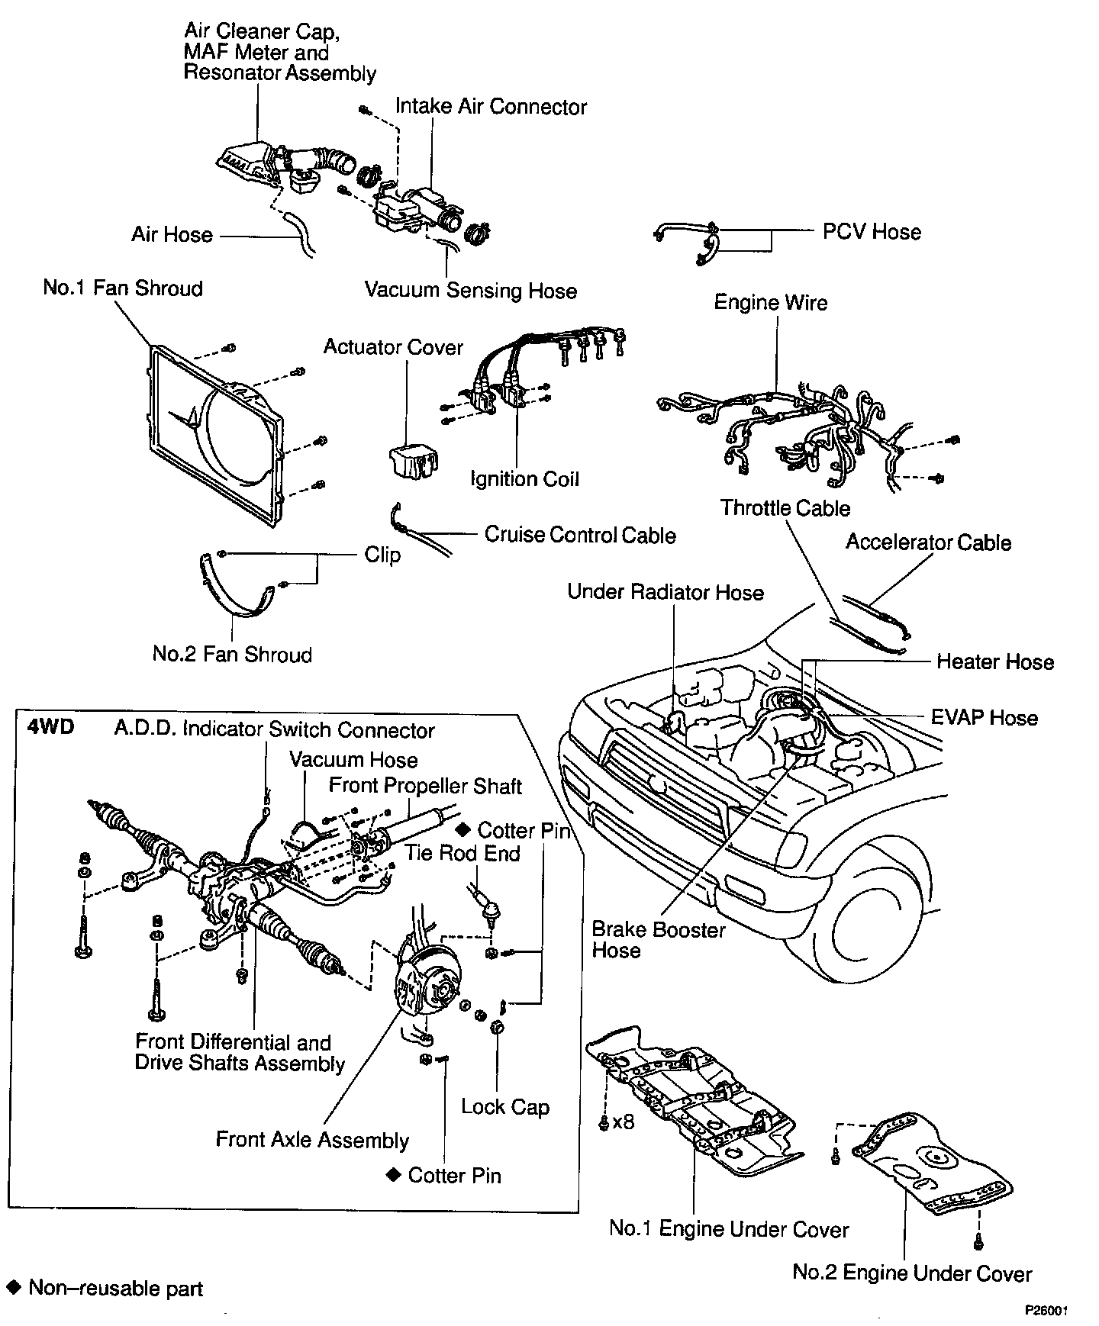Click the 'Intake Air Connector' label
pos(491,106)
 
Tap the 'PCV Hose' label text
pos(872,231)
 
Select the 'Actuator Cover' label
pos(393,347)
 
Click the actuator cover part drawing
pos(413,460)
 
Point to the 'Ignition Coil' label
pos(524,479)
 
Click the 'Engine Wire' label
pos(771,302)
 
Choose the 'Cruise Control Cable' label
pos(580,534)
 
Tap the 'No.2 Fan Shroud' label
pos(232,654)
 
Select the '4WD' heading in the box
pos(51,726)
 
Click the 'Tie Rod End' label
pos(462,852)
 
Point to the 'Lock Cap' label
pos(505,1106)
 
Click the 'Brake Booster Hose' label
pos(659,940)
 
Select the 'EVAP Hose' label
pos(985,718)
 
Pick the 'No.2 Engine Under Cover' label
pos(912,1273)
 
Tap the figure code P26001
pos(1046,1311)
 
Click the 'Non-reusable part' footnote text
pos(116,1289)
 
